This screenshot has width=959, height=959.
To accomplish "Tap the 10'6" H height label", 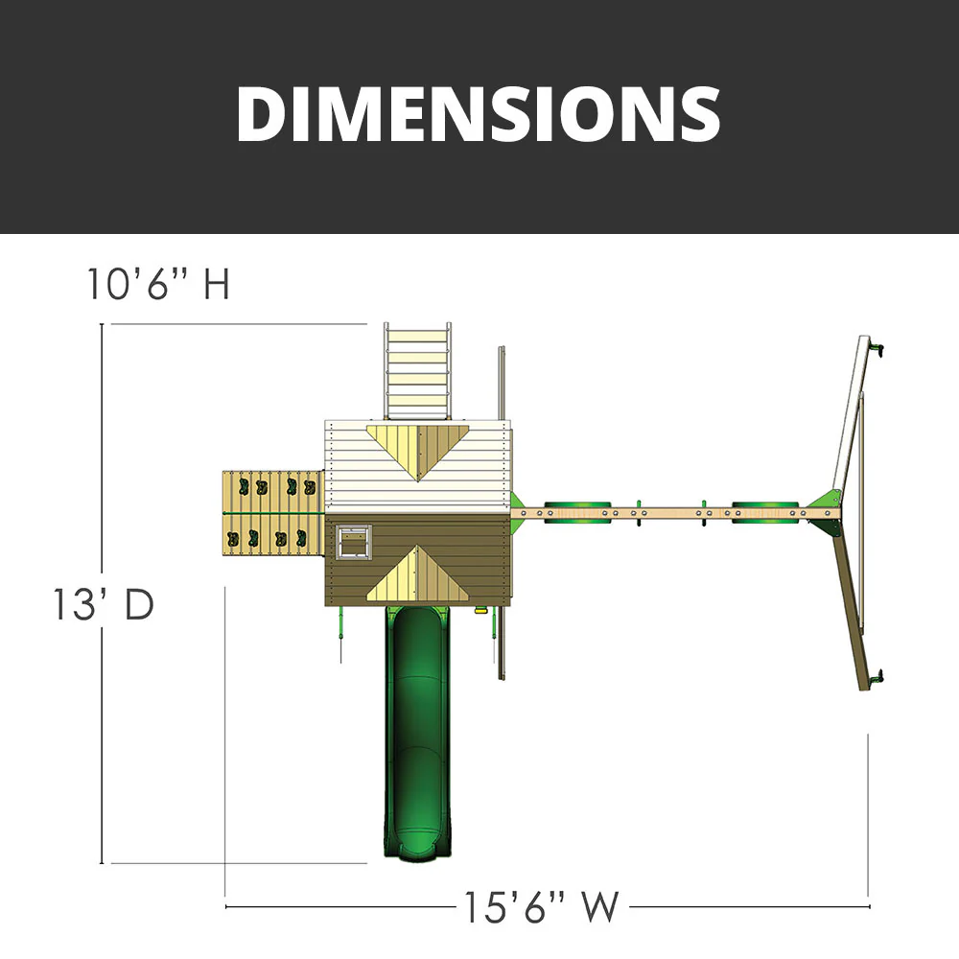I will tap(159, 284).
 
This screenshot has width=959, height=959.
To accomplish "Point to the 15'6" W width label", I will tap(542, 906).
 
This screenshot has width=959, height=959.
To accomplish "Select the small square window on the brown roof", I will tap(353, 542).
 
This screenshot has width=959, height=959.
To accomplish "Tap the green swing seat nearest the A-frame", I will tap(764, 513).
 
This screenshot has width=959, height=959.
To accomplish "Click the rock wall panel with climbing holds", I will tap(272, 511).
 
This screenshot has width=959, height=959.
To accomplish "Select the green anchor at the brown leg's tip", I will tap(875, 680).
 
